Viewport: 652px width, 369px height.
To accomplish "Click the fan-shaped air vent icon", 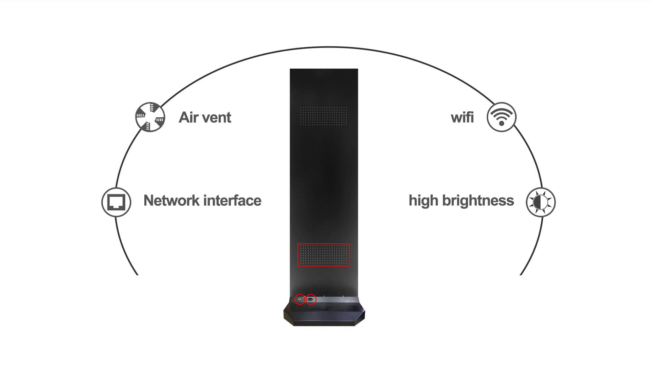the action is [150, 117].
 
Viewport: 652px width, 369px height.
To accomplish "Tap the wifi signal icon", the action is [502, 117].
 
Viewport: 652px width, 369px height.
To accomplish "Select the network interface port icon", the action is [116, 202].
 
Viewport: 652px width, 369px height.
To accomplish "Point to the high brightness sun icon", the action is [541, 202].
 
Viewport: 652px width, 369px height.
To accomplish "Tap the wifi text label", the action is [462, 117].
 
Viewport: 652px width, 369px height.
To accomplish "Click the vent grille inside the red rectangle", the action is [324, 255].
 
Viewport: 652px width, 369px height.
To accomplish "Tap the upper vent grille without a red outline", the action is [324, 116].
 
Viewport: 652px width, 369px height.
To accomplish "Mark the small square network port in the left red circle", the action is [300, 299].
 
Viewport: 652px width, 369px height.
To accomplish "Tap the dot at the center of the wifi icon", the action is [502, 124].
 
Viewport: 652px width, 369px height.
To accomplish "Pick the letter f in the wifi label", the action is [468, 117].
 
